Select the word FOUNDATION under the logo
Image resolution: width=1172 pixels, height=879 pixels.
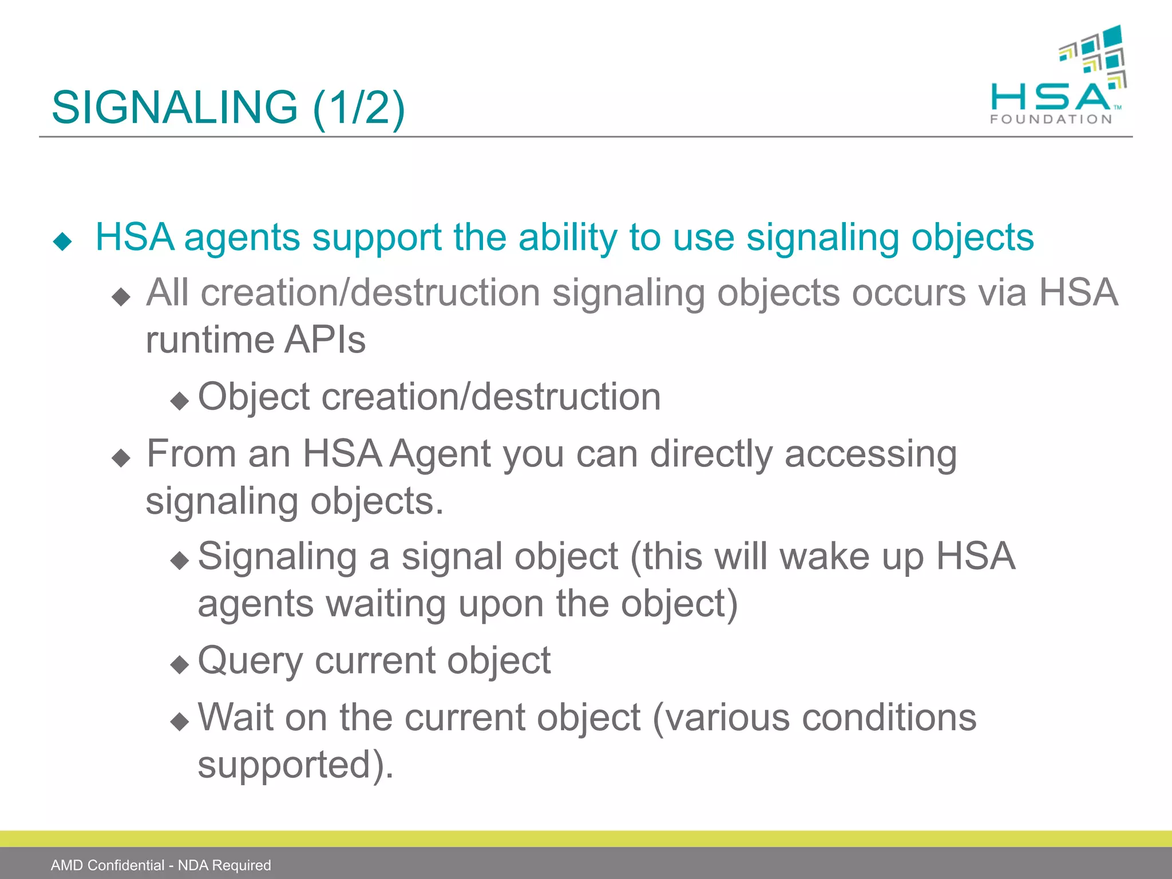(1051, 120)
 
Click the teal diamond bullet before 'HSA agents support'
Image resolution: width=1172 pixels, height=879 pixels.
(62, 241)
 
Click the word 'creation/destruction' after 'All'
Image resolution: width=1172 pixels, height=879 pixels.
(371, 292)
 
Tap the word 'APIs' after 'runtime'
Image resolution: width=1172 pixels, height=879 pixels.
(325, 339)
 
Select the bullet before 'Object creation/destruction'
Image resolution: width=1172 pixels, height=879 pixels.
(180, 401)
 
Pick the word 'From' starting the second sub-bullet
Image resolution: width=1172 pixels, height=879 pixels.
(191, 453)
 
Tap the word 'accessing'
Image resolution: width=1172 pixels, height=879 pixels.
(870, 454)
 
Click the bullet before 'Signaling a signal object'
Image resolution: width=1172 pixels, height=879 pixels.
(180, 560)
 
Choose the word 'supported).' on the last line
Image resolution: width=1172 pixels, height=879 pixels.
(295, 765)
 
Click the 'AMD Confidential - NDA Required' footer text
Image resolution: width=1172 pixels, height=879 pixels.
(161, 865)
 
